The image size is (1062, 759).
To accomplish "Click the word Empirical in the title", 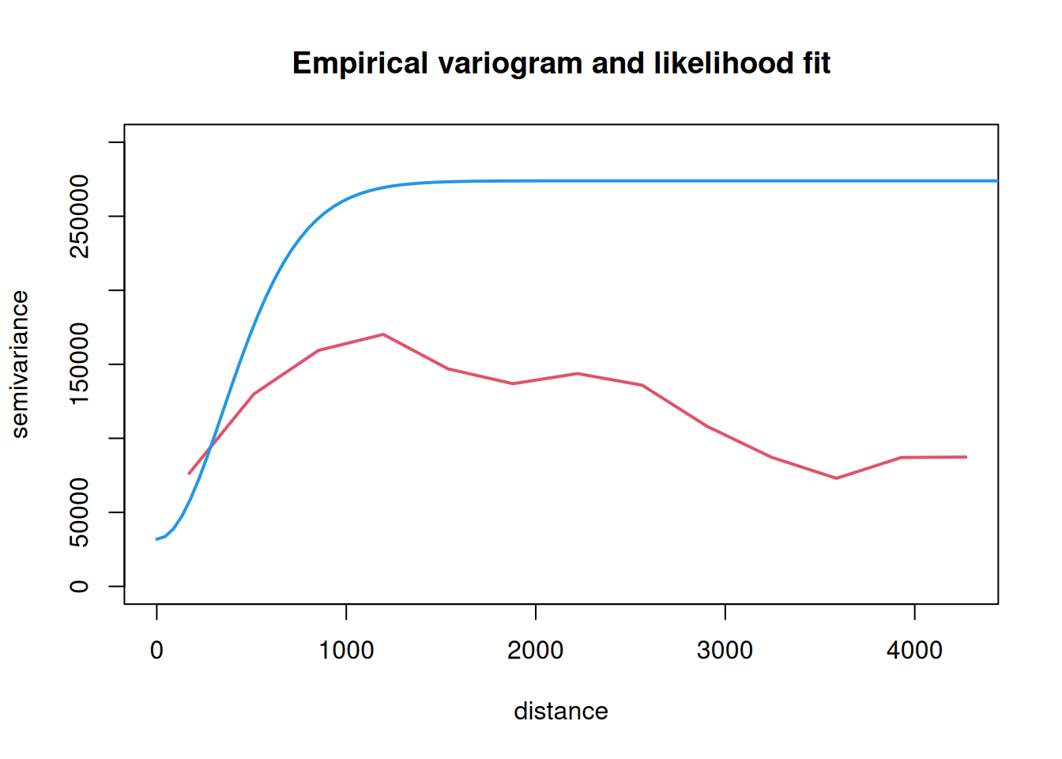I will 360,63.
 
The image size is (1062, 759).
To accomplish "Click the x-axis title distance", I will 561,712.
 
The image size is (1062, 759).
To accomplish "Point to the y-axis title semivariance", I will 20,364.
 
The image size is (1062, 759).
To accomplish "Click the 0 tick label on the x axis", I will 156,651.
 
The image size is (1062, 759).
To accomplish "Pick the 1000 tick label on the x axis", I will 346,651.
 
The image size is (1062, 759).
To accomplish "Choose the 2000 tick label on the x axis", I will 536,651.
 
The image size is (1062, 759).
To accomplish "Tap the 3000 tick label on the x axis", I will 725,651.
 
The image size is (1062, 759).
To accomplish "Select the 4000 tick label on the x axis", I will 914,651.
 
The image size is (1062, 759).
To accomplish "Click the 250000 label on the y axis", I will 80,217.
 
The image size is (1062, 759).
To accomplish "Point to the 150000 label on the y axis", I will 80,364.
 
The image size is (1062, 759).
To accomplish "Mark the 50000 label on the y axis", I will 80,512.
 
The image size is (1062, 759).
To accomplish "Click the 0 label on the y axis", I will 80,586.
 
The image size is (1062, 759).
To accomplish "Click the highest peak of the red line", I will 383,334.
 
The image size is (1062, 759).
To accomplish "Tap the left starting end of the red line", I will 189,474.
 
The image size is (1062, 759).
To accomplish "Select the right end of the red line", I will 966,457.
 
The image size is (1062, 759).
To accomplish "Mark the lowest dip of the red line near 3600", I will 836,478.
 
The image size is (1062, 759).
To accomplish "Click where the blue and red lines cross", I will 211,447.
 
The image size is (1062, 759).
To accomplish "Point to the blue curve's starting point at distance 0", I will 156,539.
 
